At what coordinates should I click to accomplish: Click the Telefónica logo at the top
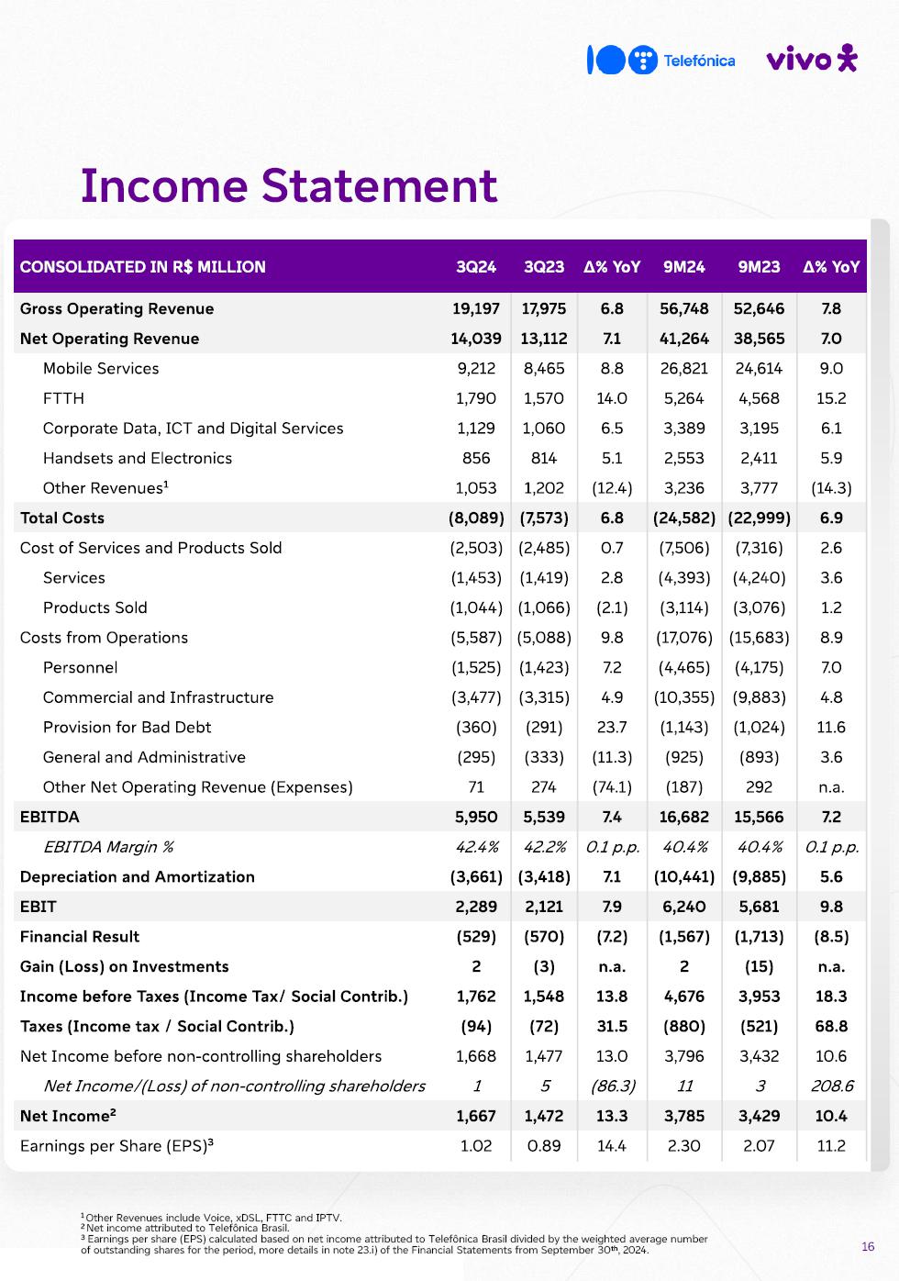click(x=660, y=61)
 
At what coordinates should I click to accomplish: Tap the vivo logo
click(x=811, y=59)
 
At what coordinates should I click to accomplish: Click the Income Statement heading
click(x=288, y=185)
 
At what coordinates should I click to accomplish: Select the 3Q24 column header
click(x=476, y=267)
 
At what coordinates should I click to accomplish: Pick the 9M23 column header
click(x=759, y=267)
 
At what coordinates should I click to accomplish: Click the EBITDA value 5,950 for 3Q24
click(x=476, y=817)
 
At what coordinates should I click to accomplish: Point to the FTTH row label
click(x=63, y=398)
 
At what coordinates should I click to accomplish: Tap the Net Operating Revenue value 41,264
click(x=684, y=339)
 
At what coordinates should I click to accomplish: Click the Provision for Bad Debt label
click(x=127, y=727)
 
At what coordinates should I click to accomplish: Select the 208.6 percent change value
click(x=831, y=1086)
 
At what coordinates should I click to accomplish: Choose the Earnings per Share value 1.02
click(x=476, y=1145)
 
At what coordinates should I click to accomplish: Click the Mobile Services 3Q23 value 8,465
click(x=544, y=368)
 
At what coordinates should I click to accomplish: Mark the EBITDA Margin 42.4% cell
click(x=476, y=847)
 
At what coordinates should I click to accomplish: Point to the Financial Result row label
click(x=80, y=936)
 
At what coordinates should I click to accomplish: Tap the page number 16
click(x=868, y=1246)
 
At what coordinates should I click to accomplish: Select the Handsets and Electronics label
click(x=138, y=458)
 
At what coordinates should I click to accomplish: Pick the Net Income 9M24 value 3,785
click(x=684, y=1116)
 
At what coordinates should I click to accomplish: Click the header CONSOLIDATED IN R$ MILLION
click(x=143, y=267)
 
